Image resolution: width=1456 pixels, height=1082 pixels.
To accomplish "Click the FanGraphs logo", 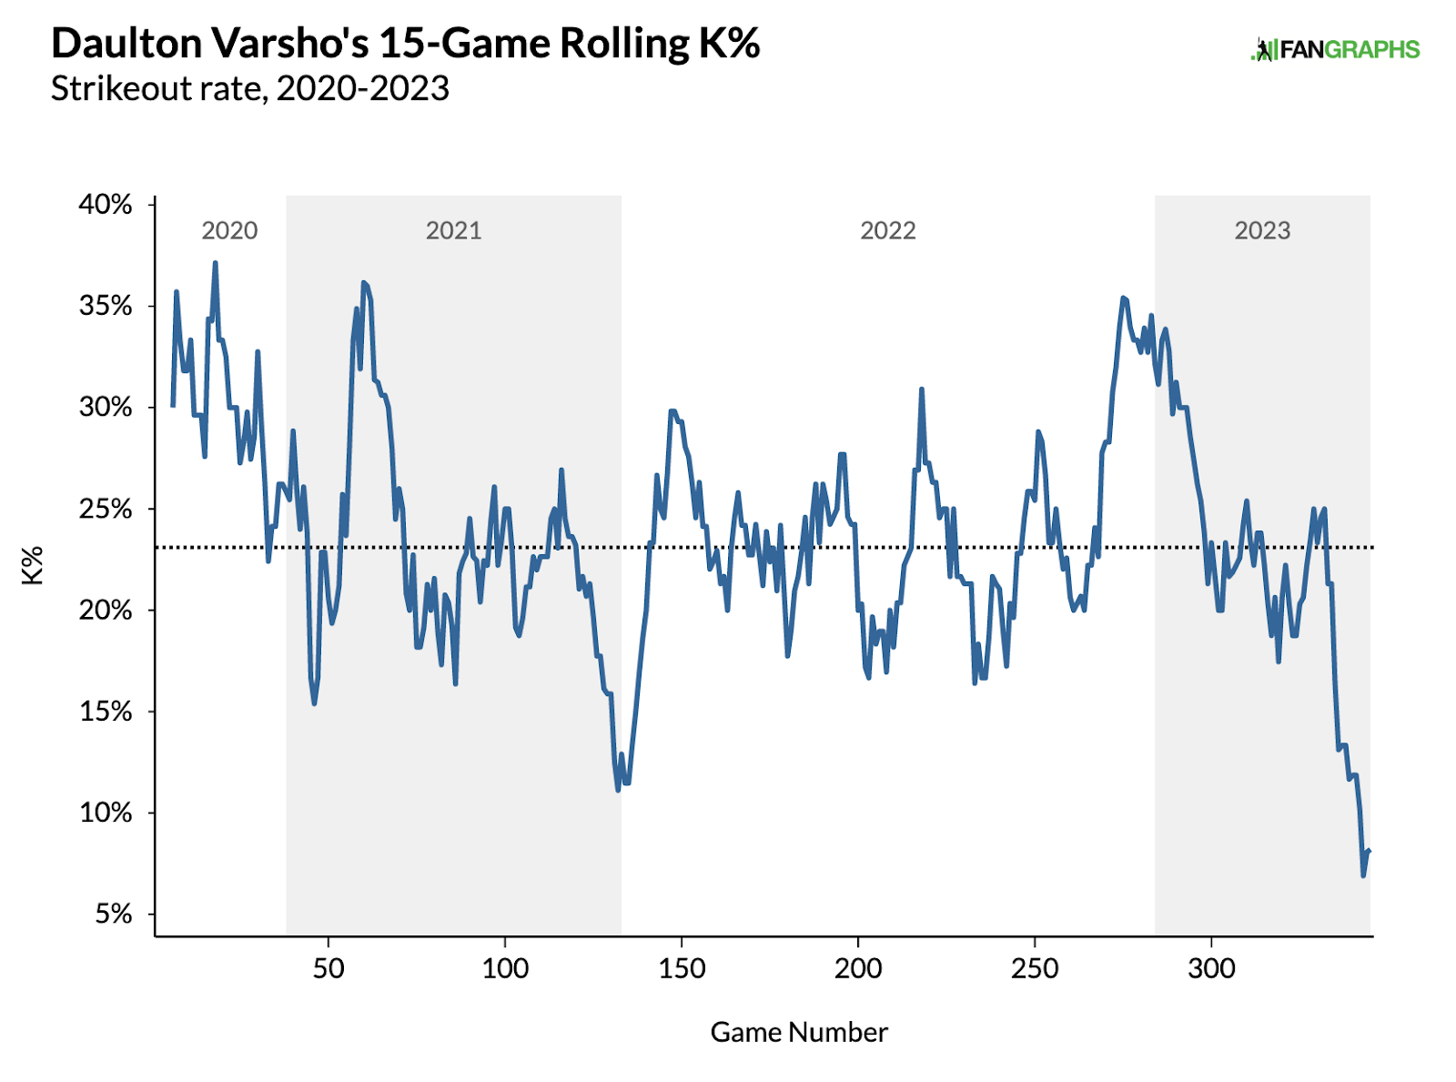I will coord(1335,49).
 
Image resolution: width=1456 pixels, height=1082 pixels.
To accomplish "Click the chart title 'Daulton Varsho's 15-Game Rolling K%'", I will coord(405,43).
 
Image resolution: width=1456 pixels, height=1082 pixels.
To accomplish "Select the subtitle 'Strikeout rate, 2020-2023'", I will coord(250,88).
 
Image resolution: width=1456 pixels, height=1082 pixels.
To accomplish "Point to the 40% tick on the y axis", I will coord(106,204).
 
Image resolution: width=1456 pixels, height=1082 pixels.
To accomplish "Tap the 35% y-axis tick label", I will coord(106,306).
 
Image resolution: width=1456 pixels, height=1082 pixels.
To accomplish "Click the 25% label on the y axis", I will coord(106,509).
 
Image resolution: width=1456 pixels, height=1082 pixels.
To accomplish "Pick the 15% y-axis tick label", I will coord(106,712).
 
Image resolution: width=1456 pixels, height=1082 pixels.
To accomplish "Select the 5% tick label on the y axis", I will coord(113,914).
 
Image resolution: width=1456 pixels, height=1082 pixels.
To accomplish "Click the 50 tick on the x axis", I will coord(329,968).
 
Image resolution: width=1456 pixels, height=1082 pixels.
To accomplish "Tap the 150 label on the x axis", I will coord(682,968).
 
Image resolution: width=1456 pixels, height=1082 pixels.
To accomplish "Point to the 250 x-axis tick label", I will coord(1035,968).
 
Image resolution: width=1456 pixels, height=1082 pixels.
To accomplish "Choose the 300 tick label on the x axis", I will coord(1211,968).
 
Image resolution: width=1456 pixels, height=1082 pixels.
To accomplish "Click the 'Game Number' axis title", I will coord(799,1032).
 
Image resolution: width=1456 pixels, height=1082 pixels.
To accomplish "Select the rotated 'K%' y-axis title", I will coord(33,565).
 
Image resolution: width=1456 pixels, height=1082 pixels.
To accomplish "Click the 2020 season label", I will coord(229,230).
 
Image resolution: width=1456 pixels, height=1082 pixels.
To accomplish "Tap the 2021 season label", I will coord(453,230).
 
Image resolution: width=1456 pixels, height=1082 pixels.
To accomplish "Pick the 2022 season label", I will coord(887,230).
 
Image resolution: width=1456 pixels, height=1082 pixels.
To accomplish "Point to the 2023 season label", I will coord(1262,230).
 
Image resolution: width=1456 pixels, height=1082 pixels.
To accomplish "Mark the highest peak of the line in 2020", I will coord(215,263).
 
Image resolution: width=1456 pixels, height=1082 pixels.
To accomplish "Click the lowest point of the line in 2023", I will coord(1363,875).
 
